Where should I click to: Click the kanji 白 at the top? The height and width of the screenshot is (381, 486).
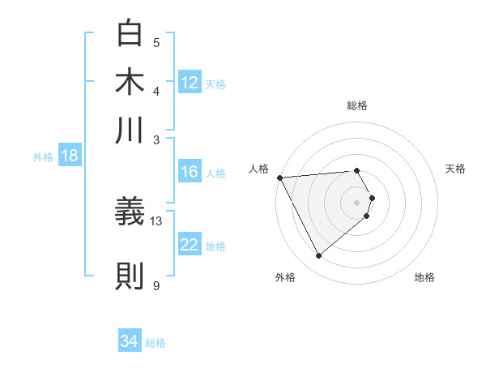coord(130,35)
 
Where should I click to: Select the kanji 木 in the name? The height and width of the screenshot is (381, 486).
coord(130,82)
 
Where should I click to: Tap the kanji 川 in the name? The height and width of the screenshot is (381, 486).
coord(130,130)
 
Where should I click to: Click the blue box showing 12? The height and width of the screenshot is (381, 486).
coord(190,83)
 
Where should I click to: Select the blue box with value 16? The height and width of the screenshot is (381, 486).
coord(190,172)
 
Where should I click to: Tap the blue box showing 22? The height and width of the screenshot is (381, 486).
coord(190,245)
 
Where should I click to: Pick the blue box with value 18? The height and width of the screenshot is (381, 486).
coord(69,156)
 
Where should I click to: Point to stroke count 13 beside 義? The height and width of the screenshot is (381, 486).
coord(156,220)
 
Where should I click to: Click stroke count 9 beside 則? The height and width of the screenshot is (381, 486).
coord(156,285)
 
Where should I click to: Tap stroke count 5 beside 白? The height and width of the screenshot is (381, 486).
coord(156,42)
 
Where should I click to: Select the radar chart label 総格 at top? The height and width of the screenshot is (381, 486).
coord(357,105)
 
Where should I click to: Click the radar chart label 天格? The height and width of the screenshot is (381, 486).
coord(456,169)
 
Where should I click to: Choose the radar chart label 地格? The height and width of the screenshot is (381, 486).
coord(424,277)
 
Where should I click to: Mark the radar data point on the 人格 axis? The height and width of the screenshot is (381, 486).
coord(279,177)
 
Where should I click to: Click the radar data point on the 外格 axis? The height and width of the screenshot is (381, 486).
coord(318,256)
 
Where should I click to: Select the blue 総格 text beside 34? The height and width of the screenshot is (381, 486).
coord(156,342)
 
